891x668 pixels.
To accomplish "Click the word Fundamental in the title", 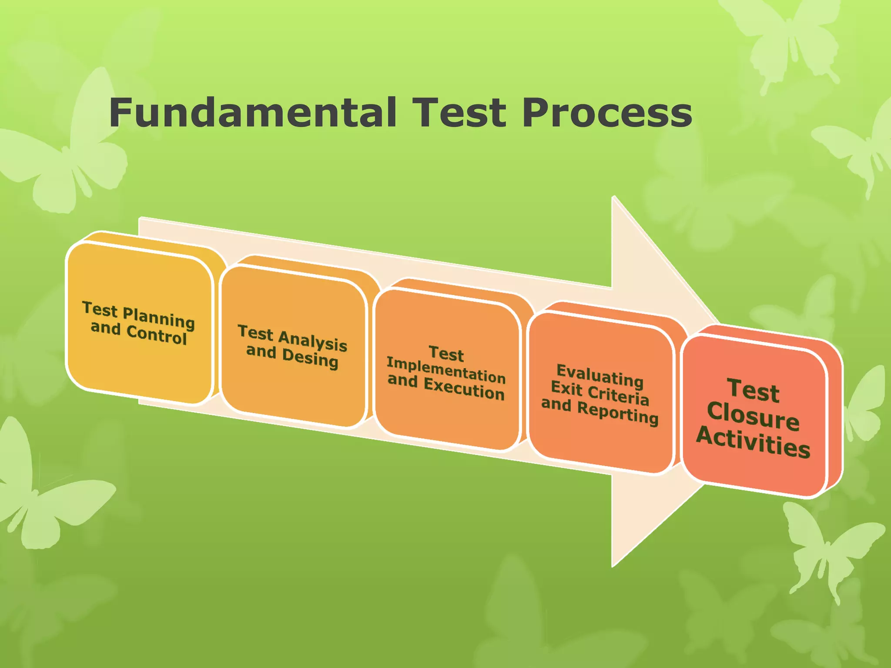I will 252,113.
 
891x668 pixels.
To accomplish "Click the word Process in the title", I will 606,113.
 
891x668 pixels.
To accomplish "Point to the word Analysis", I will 312,340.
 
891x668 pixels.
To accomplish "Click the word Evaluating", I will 600,376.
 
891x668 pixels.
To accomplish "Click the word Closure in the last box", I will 753,417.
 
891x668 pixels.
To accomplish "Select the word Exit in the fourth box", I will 567,387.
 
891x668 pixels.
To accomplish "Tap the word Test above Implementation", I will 446,354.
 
